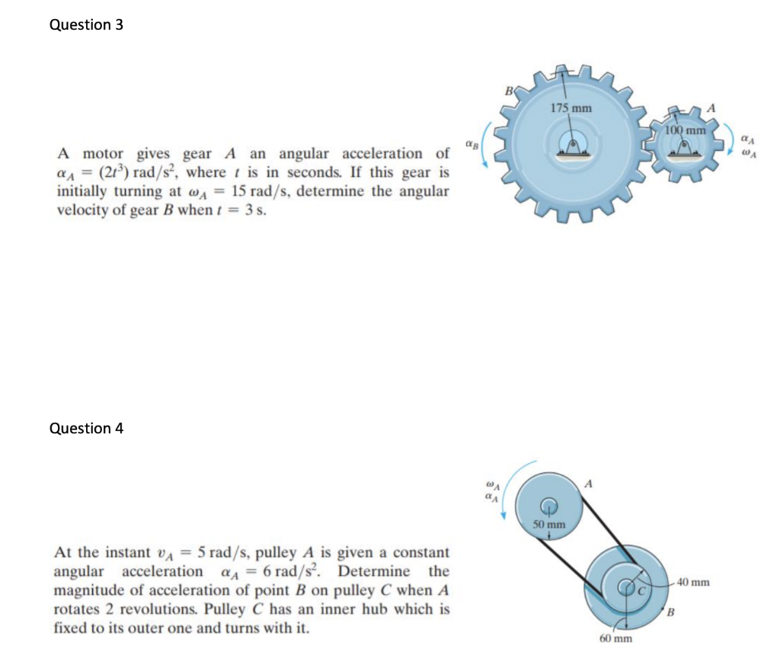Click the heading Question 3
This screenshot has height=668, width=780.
click(x=86, y=24)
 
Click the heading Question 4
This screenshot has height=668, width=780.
click(x=86, y=428)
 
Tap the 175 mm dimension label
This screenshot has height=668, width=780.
click(x=571, y=107)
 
